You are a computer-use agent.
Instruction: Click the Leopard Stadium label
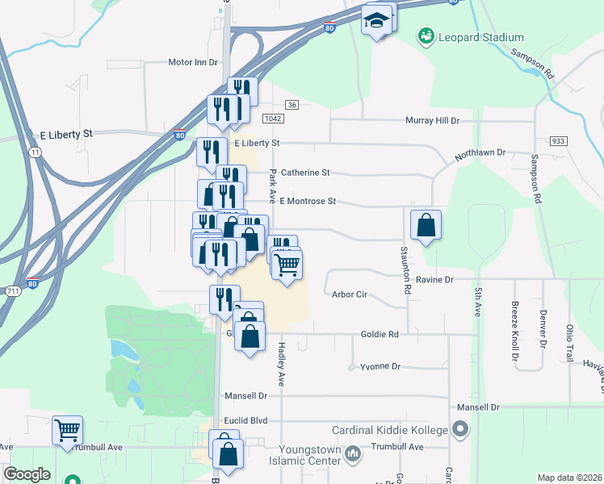coord(481,37)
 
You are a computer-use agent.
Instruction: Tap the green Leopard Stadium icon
coord(425,36)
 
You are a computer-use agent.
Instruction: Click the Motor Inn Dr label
coord(193,61)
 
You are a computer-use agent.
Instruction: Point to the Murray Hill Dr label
coord(432,120)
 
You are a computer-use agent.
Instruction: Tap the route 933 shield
coord(558,140)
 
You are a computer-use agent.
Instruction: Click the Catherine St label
coord(306,173)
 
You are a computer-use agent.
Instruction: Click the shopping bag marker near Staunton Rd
coord(426,225)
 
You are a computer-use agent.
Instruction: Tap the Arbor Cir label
coord(350,294)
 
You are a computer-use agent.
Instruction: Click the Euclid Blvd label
coord(258,420)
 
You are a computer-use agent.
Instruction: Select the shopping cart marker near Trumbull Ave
coord(67,429)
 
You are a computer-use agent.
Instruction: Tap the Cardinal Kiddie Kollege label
coord(390,430)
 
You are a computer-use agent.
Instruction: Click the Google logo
coord(27,475)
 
